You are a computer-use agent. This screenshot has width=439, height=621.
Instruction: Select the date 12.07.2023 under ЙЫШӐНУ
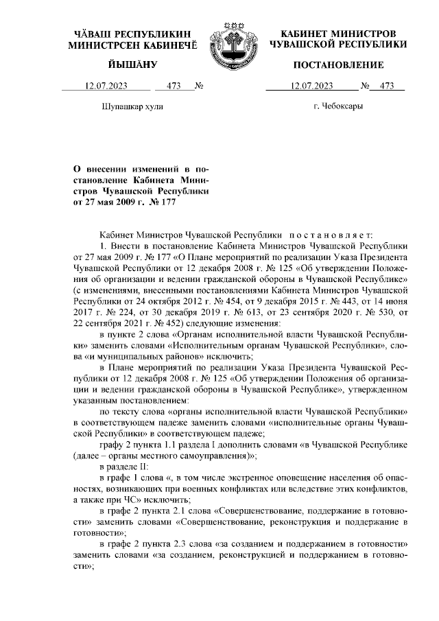tap(106, 86)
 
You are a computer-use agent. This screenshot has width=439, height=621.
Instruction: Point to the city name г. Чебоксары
tap(337, 106)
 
